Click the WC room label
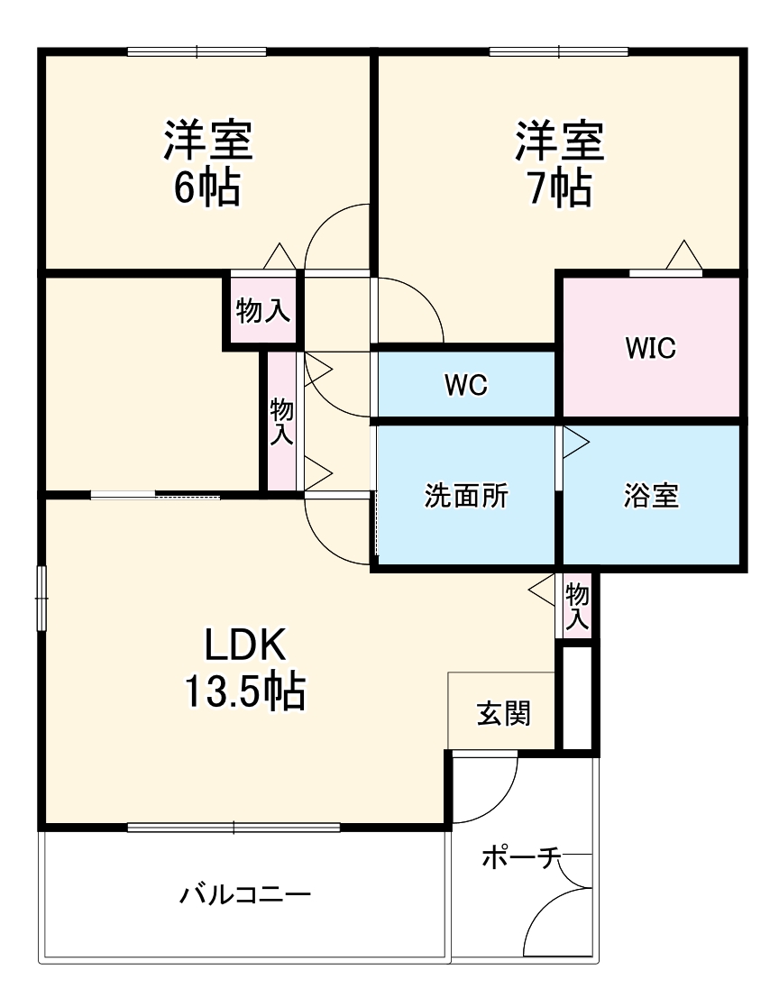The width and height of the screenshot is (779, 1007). [x=465, y=385]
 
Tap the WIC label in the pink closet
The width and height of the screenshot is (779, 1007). [x=650, y=348]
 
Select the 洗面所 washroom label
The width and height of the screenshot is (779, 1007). [x=466, y=496]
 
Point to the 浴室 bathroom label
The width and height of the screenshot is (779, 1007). [x=650, y=496]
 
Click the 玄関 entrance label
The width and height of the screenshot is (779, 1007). [x=503, y=714]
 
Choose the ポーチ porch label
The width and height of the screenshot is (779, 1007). [x=521, y=857]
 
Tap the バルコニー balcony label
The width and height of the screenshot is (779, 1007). [x=245, y=895]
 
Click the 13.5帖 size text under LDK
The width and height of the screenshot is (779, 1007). [x=244, y=692]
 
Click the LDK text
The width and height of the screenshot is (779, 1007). [x=245, y=645]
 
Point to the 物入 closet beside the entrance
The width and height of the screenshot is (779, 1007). [x=577, y=607]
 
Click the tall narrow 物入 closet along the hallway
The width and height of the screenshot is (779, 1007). [x=282, y=421]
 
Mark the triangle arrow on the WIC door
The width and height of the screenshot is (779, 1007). [x=684, y=256]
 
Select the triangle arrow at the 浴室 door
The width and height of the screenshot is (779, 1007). [x=575, y=440]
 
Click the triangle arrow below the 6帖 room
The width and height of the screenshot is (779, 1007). [x=280, y=256]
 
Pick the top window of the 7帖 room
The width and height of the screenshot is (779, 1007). [x=559, y=51]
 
